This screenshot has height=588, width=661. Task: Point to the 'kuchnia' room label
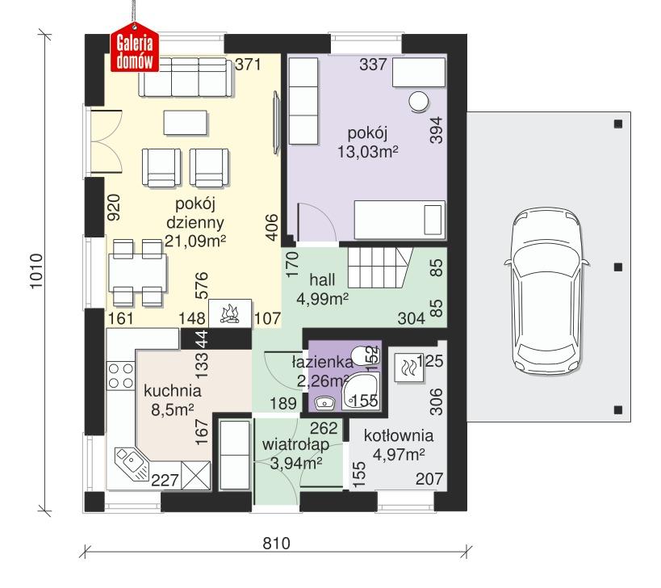tap(172, 391)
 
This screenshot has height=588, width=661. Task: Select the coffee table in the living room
tap(186, 122)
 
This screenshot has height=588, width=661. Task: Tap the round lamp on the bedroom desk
tap(419, 101)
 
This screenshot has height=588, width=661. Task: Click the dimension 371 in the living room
tap(247, 65)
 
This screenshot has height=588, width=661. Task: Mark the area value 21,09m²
tap(195, 240)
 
